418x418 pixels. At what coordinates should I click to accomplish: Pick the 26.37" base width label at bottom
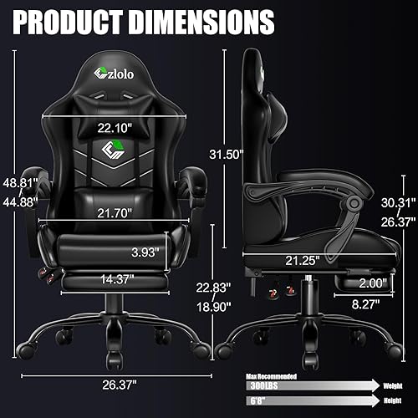point(116,385)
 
